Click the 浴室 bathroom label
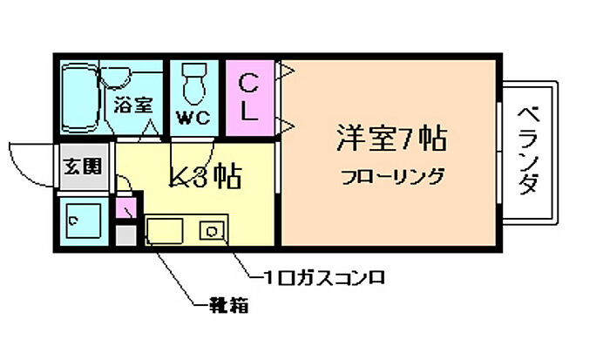[x=133, y=105]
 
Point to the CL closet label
[x=248, y=97]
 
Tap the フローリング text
[x=392, y=177]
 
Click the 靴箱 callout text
[x=230, y=306]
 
